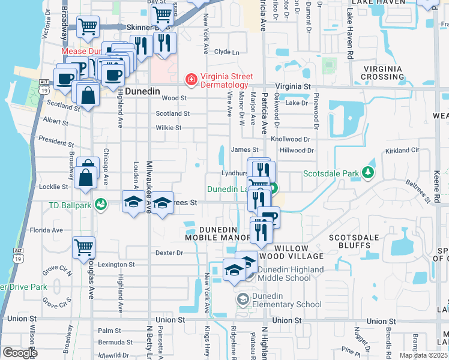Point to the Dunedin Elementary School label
point(287,304)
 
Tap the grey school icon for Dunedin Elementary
point(243,299)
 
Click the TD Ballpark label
point(70,205)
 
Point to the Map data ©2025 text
point(423,355)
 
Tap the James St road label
point(244,149)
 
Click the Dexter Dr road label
point(169,253)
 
